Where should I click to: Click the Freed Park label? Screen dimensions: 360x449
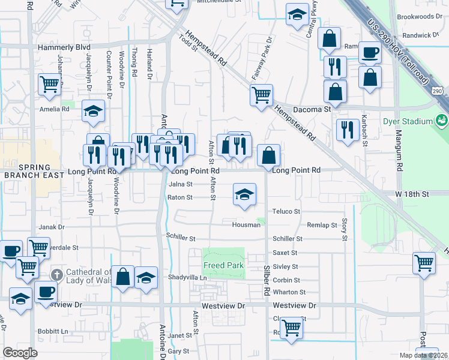[223, 265]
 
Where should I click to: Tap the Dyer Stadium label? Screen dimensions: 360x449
[408, 121]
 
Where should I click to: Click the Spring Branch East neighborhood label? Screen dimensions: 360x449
[28, 170]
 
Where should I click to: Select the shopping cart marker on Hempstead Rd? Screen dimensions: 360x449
[261, 94]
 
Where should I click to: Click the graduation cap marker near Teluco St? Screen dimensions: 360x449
[244, 194]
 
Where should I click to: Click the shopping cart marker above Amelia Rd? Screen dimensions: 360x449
[49, 84]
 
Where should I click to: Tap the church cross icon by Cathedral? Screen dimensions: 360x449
[56, 275]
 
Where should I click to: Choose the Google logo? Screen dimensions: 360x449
[20, 353]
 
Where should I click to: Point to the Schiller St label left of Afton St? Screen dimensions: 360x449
[181, 238]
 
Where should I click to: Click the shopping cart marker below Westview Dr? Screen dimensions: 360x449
[291, 328]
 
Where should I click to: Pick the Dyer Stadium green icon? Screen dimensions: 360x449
[442, 121]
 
